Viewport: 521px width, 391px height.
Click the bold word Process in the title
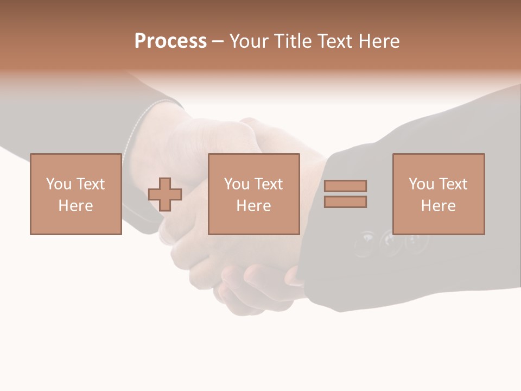(x=170, y=41)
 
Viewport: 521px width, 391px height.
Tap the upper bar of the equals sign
(x=345, y=186)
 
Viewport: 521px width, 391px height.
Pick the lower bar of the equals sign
(x=345, y=202)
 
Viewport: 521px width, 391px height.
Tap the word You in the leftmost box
(x=58, y=184)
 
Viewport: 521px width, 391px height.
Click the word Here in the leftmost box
(x=76, y=206)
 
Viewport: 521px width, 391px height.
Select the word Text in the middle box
(x=268, y=184)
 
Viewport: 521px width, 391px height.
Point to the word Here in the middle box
(x=254, y=206)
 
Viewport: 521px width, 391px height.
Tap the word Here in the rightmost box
(x=439, y=206)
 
